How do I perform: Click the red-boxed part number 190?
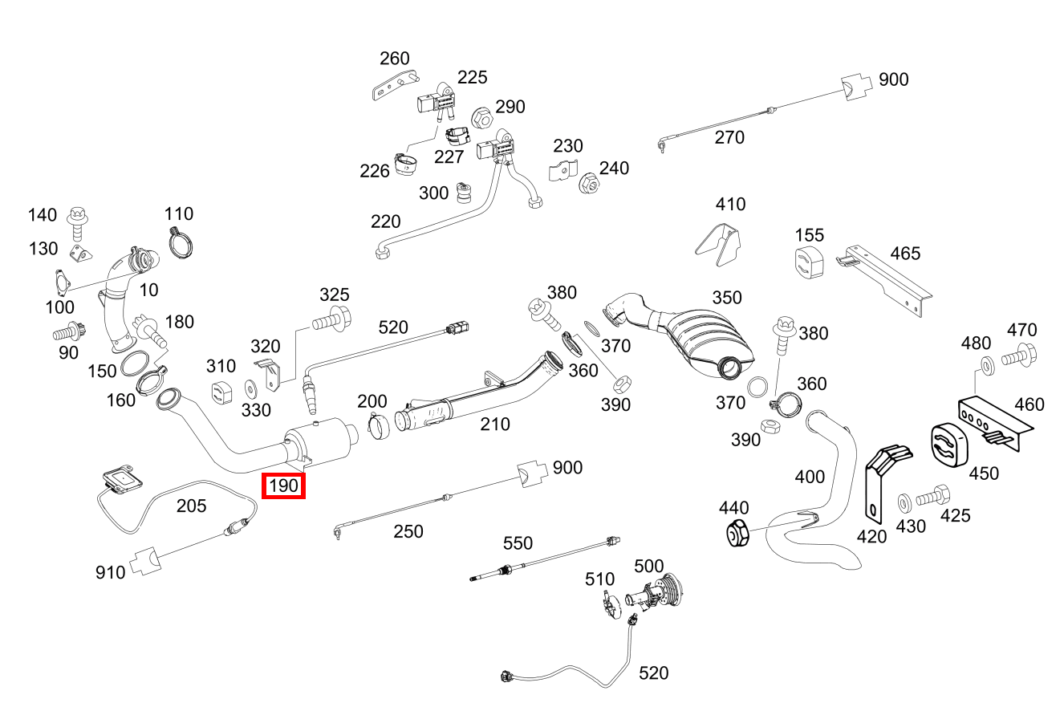coord(283,486)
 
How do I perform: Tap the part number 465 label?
coord(905,254)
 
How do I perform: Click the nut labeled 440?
coord(737,533)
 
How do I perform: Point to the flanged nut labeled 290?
coord(482,117)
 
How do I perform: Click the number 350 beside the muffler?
coord(727,298)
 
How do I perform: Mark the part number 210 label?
coord(494,424)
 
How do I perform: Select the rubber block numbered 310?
coord(221,393)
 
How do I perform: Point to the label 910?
coord(110,572)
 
